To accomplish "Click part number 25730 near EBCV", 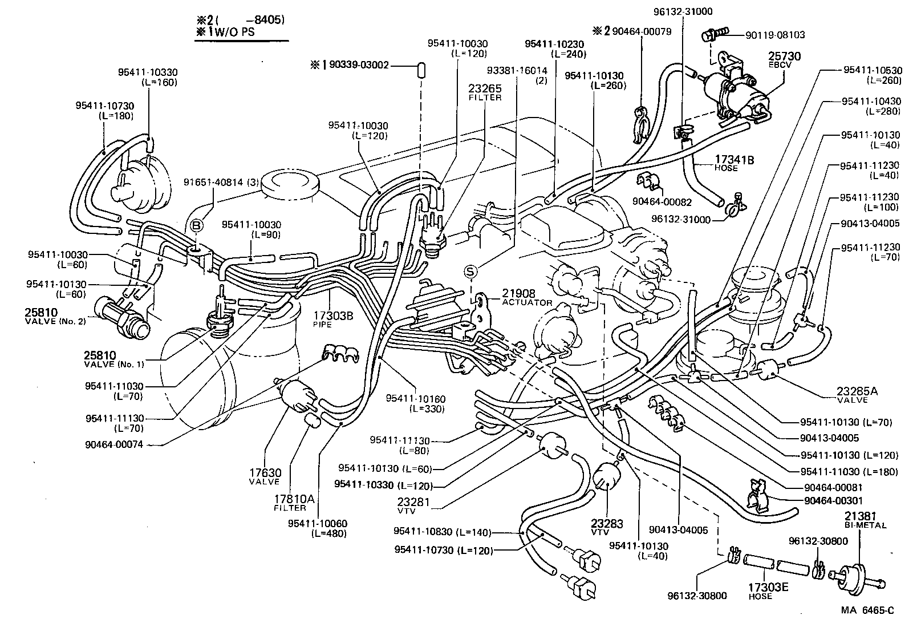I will coord(785,56).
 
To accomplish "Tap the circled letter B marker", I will coord(196,226).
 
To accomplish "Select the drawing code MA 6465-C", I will coord(867,610).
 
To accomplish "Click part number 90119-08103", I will coord(774,35).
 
